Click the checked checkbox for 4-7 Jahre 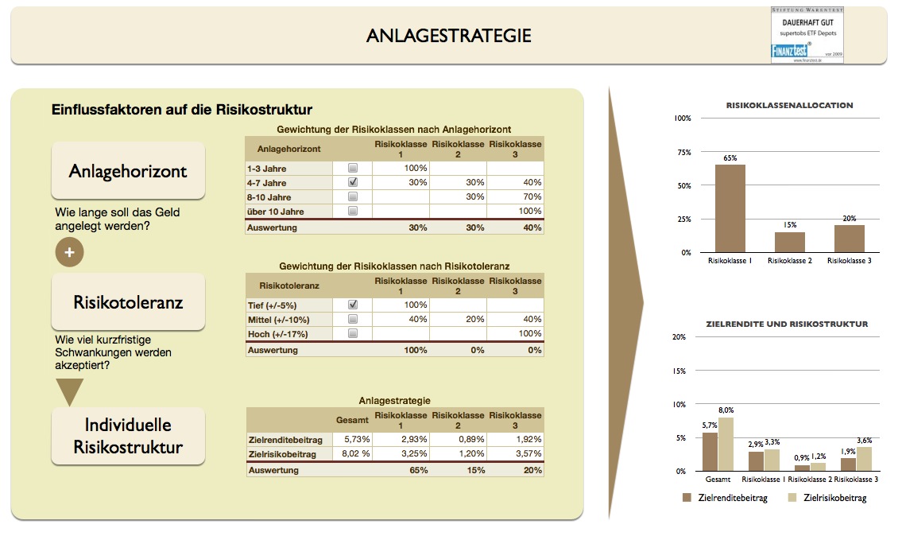353,182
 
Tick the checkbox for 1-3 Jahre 353,169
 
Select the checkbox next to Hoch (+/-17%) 353,334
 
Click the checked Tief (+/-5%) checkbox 353,305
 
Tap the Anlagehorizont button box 128,171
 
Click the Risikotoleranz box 128,302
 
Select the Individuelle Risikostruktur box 128,436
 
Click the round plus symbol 69,252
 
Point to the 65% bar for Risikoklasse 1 730,208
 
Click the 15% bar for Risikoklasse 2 790,242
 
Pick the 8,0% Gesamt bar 726,445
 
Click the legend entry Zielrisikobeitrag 827,498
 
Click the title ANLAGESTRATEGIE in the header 448,36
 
